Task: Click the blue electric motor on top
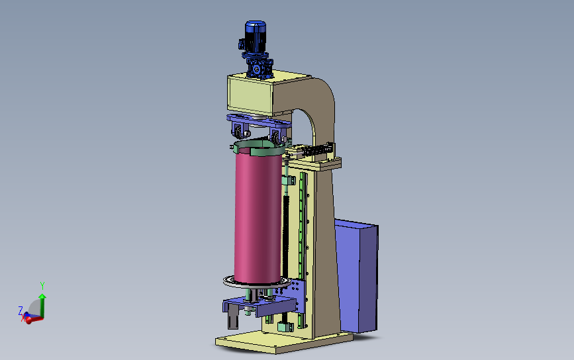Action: [255, 36]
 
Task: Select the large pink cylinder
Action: [258, 218]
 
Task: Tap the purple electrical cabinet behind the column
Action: [356, 276]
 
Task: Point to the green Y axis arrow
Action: [42, 305]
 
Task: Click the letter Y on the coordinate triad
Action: [42, 285]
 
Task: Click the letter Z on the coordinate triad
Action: [21, 310]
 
